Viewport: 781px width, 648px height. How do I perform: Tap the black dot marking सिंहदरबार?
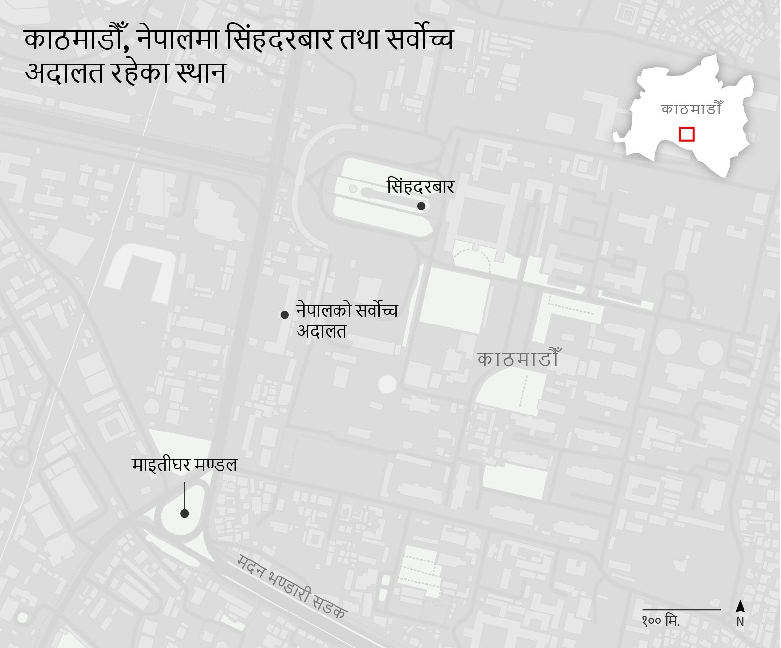[421, 206]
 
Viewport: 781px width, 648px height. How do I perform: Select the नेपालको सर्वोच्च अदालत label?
[346, 321]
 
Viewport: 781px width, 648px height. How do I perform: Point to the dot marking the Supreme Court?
[284, 315]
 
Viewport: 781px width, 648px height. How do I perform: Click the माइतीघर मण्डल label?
[185, 465]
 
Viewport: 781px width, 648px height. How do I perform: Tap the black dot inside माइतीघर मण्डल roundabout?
[185, 514]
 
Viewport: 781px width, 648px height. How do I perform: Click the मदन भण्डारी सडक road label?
[292, 587]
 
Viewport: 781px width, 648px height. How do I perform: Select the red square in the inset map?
[686, 134]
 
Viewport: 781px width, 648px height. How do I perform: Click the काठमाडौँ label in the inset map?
[691, 109]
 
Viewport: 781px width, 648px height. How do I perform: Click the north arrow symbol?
[740, 606]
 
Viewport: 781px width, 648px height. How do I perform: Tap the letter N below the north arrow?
[740, 622]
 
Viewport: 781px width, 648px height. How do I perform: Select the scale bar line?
[681, 610]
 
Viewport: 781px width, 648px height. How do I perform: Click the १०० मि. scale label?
[661, 621]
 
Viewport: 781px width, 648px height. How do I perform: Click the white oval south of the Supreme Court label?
[387, 384]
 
